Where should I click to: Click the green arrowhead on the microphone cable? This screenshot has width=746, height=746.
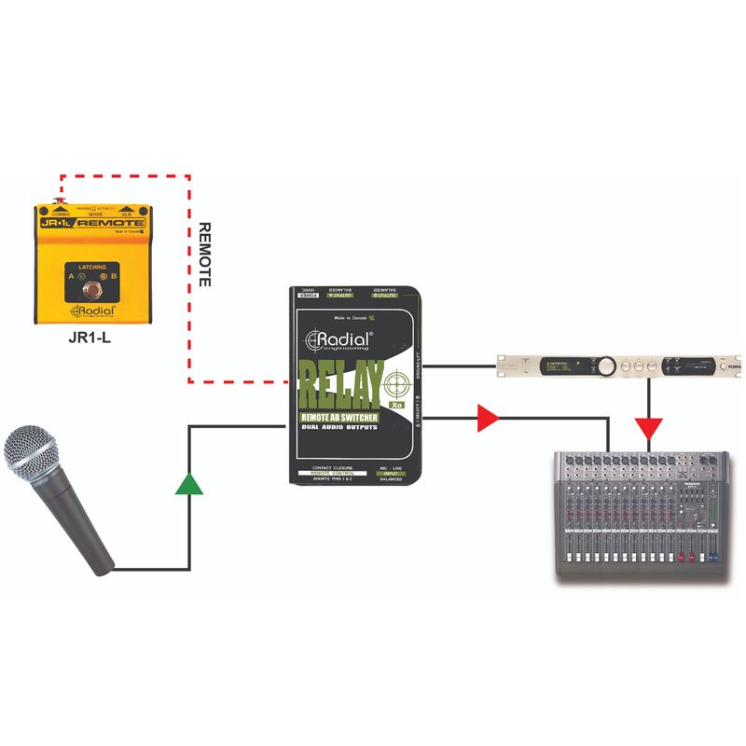189,482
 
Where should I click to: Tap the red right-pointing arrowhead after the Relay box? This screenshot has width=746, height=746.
486,419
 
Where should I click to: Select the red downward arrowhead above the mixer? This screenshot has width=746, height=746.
648,429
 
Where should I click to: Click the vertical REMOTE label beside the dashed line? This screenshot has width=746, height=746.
206,253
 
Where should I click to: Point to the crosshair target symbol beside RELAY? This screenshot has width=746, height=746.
397,382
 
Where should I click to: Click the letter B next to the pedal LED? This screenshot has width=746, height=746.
114,277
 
